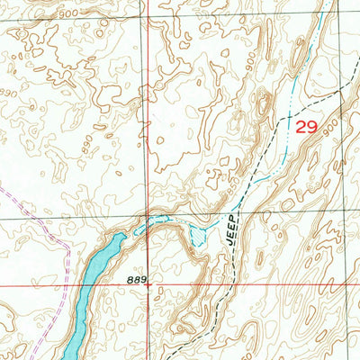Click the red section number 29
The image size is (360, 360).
click(x=306, y=128)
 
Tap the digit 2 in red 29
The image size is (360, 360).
click(x=300, y=128)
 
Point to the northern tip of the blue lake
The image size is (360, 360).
click(x=122, y=236)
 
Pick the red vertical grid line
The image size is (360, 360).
click(x=149, y=135)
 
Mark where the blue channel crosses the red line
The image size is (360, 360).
click(x=149, y=218)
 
